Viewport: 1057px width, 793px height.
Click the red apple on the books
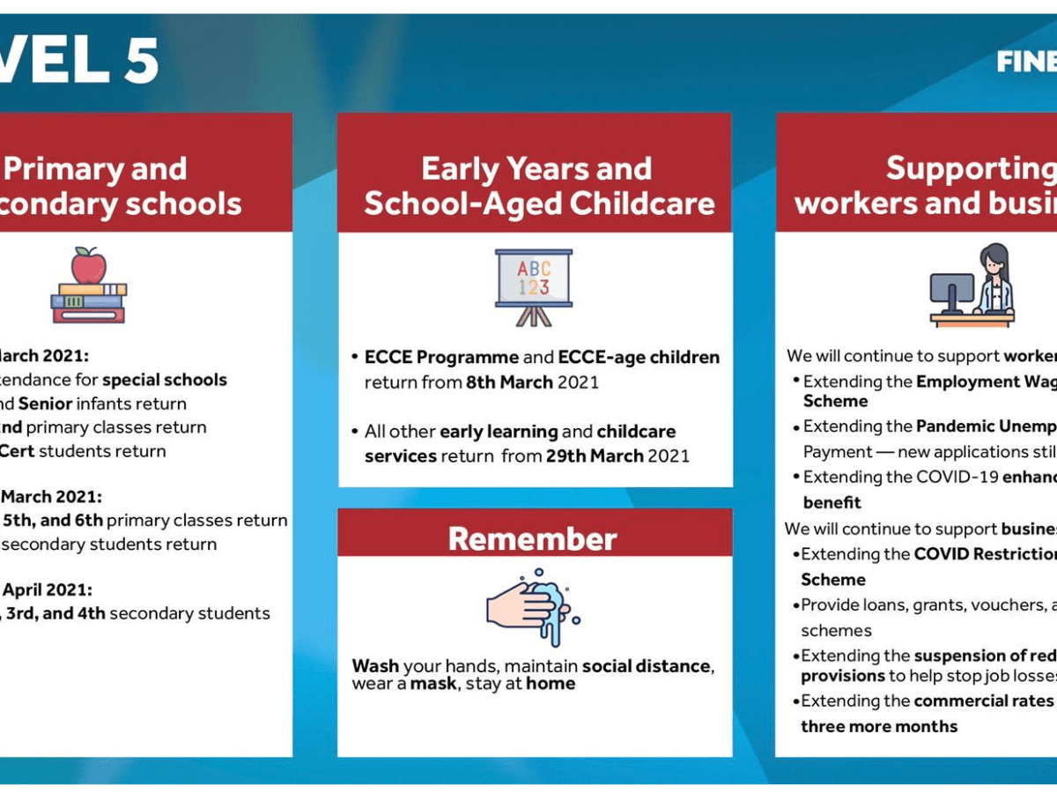88,265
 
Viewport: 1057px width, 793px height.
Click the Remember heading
533,539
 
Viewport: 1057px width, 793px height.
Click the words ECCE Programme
441,357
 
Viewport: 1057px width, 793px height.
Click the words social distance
646,666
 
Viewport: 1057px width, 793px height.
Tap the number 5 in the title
141,62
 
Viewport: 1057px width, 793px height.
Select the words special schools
165,380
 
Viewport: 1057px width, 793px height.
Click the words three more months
878,726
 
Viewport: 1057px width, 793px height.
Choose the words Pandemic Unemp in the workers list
986,426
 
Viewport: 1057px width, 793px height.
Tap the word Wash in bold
375,666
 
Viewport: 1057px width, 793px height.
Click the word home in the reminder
551,684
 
